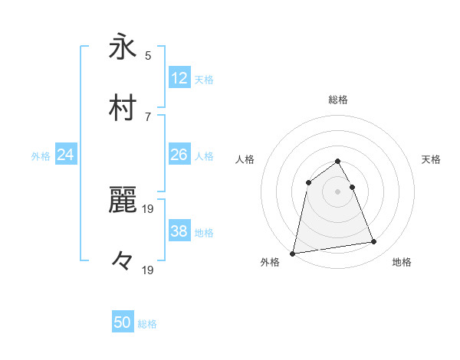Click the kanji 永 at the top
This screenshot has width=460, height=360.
tap(123, 47)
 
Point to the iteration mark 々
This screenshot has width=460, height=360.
tap(123, 260)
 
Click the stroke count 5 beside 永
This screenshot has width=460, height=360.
tap(148, 56)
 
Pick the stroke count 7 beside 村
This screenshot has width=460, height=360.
tap(148, 116)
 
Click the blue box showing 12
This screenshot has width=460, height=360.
tap(179, 78)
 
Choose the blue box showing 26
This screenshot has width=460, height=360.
tap(179, 155)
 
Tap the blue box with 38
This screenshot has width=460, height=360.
tap(179, 231)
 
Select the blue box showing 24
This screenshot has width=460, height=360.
tap(66, 155)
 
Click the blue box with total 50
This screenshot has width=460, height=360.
tap(123, 322)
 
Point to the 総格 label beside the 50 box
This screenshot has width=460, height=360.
tap(147, 324)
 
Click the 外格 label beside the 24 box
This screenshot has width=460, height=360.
tap(41, 156)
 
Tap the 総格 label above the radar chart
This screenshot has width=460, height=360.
tap(338, 100)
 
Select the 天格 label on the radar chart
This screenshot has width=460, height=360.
tap(432, 159)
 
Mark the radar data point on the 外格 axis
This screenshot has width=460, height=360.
tap(293, 253)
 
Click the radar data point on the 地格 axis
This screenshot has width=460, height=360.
tap(374, 242)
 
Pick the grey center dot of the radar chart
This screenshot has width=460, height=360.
tap(338, 191)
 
